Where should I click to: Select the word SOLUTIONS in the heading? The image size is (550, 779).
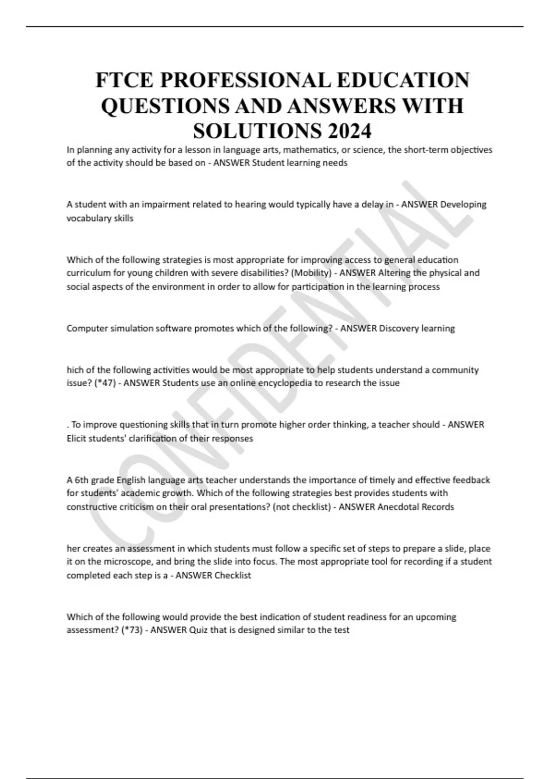257,132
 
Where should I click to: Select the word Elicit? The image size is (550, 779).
77,439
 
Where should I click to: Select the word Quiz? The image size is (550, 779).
198,630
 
